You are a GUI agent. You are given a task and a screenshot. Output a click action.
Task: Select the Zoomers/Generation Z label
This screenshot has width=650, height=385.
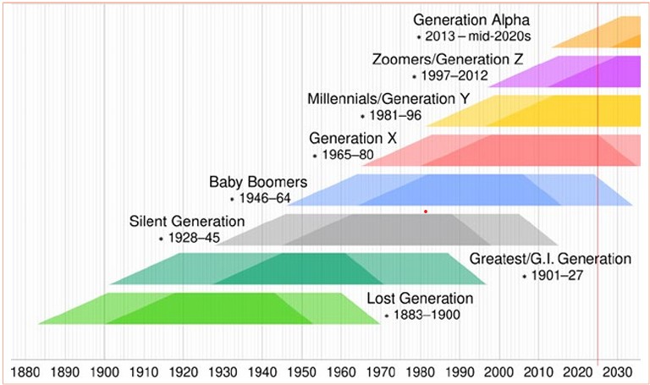(448, 59)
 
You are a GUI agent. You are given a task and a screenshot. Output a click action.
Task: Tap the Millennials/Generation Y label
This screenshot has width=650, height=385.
(388, 99)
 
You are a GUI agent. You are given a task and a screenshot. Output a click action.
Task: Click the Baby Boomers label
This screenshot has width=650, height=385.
(258, 182)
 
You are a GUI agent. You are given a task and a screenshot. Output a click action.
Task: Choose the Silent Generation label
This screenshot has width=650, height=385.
(186, 222)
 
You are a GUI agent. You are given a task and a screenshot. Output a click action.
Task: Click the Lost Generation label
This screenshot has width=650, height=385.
(420, 298)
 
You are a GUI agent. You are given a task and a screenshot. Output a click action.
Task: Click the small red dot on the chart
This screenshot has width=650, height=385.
(426, 211)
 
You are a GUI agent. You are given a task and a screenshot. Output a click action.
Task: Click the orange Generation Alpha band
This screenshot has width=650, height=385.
(609, 34)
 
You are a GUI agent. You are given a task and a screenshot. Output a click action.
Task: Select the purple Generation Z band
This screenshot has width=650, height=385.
(584, 72)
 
